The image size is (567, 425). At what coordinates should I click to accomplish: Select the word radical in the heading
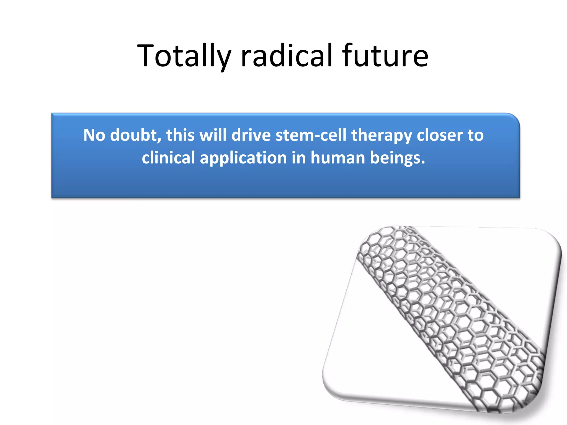pyautogui.click(x=287, y=56)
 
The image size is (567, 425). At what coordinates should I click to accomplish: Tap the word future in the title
pyautogui.click(x=385, y=56)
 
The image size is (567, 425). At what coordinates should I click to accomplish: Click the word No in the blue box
pyautogui.click(x=94, y=135)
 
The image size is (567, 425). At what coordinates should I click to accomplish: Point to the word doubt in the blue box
pyautogui.click(x=135, y=135)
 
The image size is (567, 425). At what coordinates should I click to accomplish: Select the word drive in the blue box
pyautogui.click(x=251, y=135)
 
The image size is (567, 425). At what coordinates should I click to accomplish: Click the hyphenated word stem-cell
pyautogui.click(x=311, y=135)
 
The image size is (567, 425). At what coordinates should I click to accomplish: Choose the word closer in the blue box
pyautogui.click(x=440, y=135)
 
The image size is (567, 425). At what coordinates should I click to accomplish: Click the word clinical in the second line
pyautogui.click(x=168, y=158)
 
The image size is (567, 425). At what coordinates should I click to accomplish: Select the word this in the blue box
pyautogui.click(x=180, y=135)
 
